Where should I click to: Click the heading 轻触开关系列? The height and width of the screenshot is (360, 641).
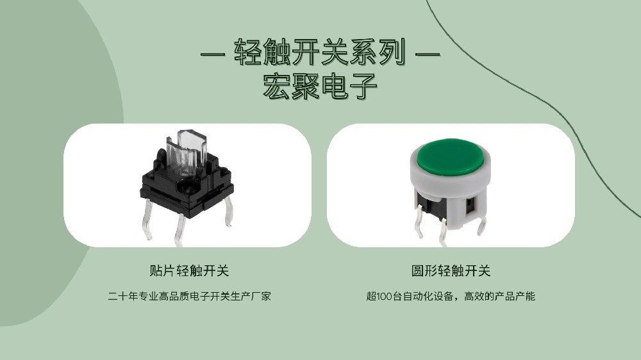click(320, 53)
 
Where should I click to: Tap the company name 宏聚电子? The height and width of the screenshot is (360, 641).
click(320, 86)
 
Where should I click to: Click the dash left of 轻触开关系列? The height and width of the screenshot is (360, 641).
click(213, 53)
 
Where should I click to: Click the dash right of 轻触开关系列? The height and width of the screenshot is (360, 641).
click(428, 53)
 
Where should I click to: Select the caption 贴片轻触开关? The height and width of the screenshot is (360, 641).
click(189, 270)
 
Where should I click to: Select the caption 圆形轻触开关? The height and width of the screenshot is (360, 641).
click(451, 270)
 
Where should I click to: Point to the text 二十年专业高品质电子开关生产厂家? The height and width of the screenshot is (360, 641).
click(189, 296)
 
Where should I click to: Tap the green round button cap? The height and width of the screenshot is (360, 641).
click(451, 157)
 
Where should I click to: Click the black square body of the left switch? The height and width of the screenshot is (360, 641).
click(187, 188)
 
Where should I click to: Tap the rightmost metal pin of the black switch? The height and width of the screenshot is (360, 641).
click(229, 211)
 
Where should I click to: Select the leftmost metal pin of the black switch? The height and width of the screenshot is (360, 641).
click(148, 219)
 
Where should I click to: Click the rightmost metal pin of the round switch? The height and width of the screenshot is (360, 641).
click(482, 225)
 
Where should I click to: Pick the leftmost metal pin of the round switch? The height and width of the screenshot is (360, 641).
click(418, 221)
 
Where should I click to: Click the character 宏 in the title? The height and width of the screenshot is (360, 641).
click(276, 86)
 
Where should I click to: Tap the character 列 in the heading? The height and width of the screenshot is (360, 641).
click(393, 53)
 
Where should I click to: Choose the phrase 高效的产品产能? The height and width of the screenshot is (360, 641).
click(499, 296)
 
